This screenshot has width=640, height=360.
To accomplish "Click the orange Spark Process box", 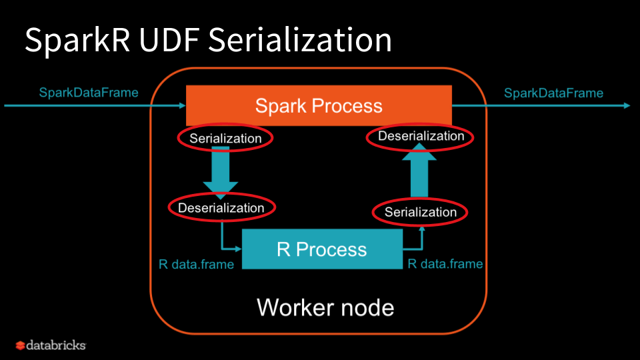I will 319,105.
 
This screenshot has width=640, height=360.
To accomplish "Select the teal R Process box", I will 322,249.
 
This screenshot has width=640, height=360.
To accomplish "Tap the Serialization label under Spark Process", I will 225,139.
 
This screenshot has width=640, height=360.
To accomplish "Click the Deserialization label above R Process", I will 221,208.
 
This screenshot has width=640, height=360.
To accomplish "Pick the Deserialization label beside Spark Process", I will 421,136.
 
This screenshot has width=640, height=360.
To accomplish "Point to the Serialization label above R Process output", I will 421,213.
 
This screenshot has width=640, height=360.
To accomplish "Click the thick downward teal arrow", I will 220,172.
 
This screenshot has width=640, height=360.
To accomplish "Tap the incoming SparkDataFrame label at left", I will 88,93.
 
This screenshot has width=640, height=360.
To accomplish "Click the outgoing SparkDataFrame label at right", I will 553,93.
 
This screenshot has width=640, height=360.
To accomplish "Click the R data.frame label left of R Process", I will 196,265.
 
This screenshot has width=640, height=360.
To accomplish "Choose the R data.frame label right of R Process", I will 445,264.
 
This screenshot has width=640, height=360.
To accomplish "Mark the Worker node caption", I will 325,308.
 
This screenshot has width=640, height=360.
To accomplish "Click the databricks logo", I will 51,345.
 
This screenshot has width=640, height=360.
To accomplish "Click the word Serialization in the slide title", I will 299,41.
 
